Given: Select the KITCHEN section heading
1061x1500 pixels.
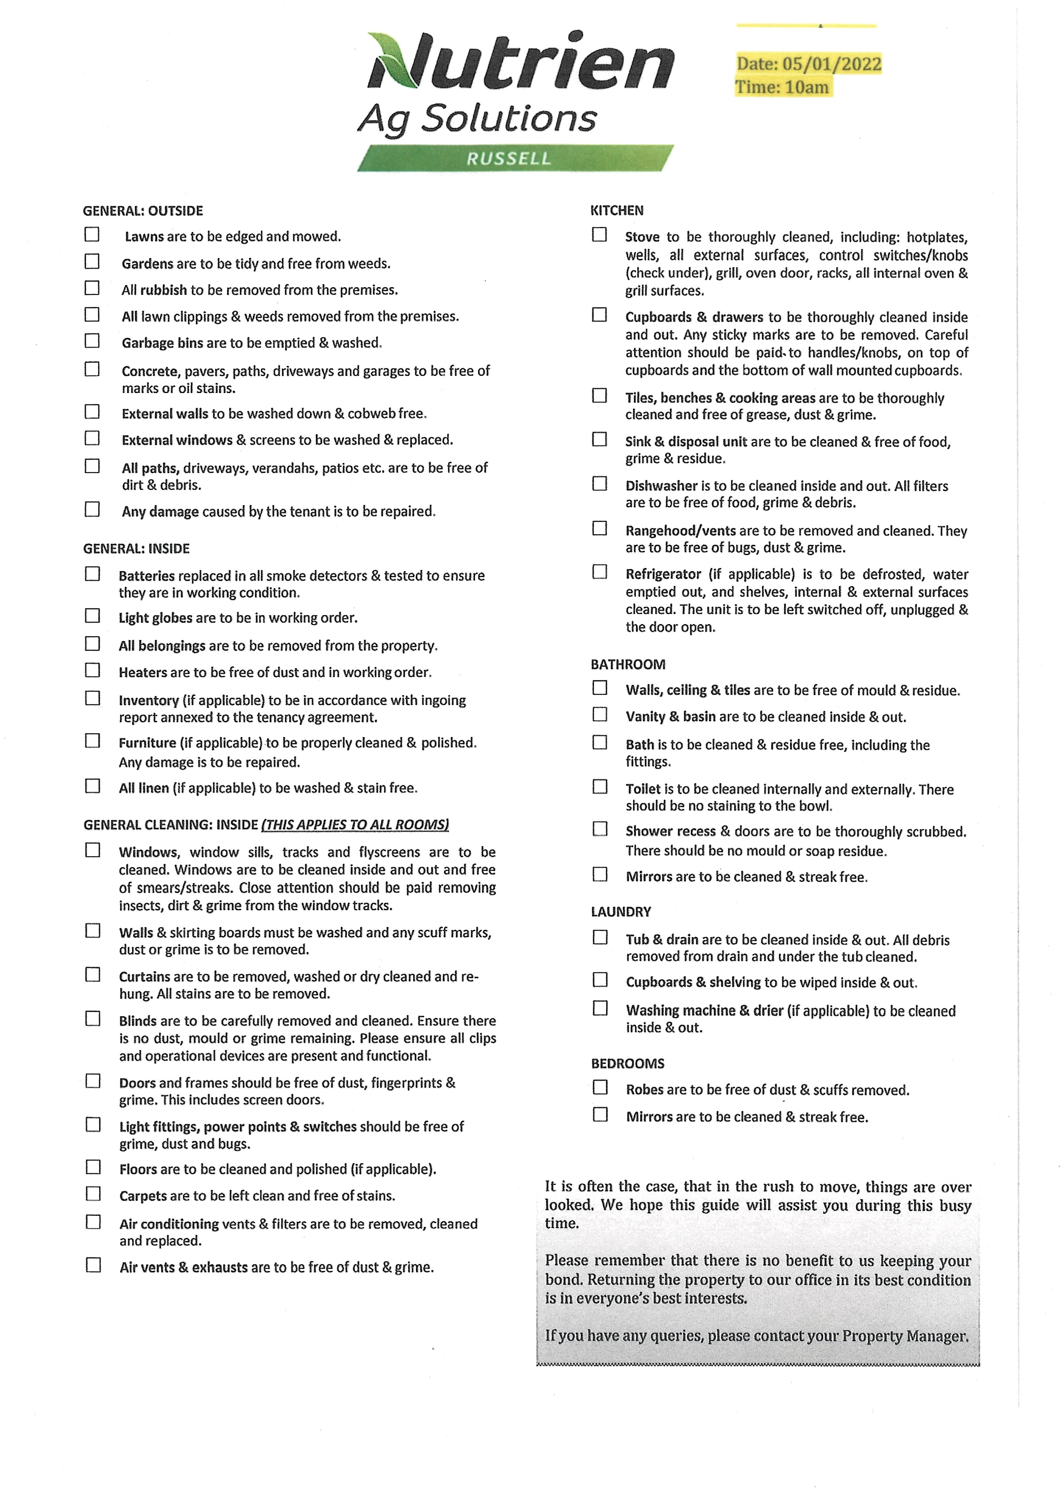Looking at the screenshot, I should coord(617,211).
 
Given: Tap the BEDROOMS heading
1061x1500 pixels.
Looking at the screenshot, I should coord(627,1063).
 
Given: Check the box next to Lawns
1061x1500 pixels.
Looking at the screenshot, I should coord(92,234).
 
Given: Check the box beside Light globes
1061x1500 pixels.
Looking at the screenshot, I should coord(93,616).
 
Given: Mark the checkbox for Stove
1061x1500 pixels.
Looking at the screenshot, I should coord(599,235).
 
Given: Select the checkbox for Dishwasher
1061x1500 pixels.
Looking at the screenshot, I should coord(599,484).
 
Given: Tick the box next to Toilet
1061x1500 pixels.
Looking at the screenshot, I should coord(600,786).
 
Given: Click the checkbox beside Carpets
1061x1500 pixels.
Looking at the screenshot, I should coord(93,1193).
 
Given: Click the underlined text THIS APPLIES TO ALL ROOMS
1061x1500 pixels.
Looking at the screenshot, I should coord(355,825).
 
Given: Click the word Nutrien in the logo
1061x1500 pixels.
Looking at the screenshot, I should coord(521,62).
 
